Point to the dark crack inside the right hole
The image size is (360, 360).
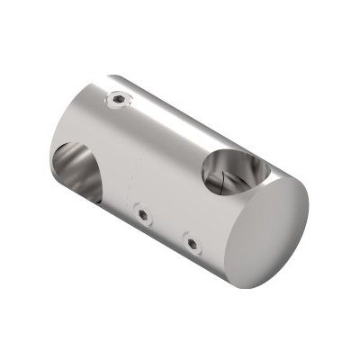[x=220, y=186]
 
